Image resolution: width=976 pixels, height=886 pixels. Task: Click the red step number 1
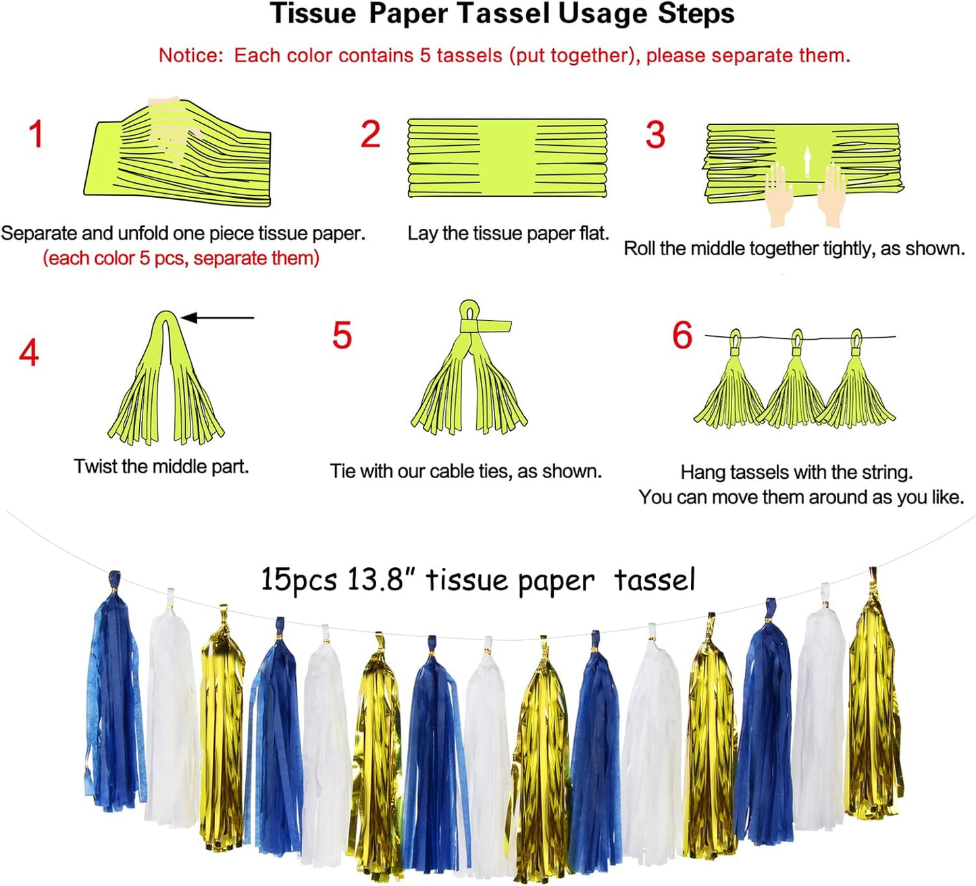pos(36,134)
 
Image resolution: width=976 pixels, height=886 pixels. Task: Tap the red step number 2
pos(370,134)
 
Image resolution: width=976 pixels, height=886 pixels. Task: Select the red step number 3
pos(655,135)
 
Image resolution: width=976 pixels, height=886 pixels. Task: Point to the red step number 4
pos(29,353)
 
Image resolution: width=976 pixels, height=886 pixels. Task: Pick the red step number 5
pos(342,335)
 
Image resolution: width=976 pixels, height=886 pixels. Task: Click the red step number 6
pos(682,335)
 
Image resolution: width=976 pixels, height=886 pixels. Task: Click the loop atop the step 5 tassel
pos(469,311)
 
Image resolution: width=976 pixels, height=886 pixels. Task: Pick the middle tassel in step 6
pos(795,385)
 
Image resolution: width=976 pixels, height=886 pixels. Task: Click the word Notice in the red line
pos(189,55)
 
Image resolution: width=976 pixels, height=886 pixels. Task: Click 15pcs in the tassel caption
pos(299,579)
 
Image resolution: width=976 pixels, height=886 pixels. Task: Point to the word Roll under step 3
pos(639,249)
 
